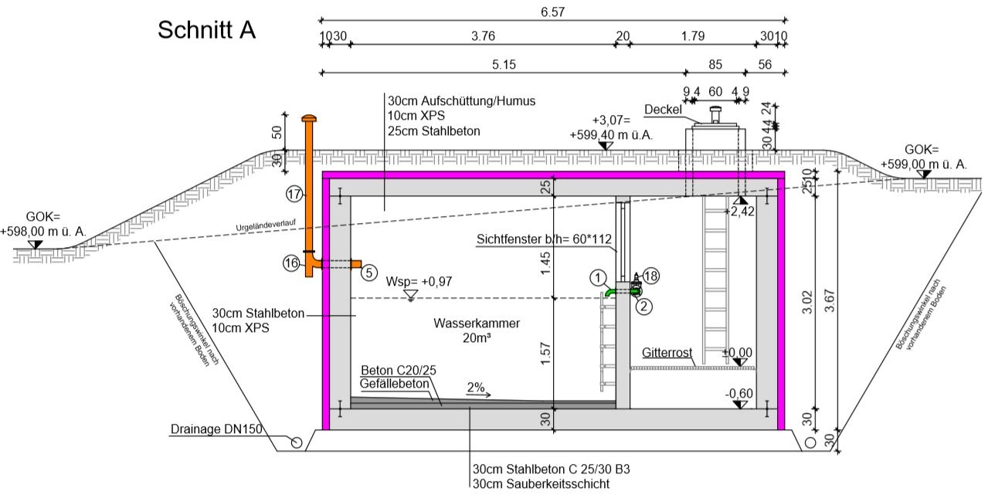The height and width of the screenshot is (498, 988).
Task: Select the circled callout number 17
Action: pos(294,193)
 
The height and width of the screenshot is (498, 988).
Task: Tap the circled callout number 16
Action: pos(291,263)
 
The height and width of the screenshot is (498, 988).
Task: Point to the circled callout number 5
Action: pos(369,272)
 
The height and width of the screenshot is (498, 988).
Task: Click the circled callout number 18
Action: pos(651,275)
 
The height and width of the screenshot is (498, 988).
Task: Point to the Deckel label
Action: pos(662,109)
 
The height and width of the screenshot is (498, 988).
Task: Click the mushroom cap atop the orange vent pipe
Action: pos(309,118)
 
